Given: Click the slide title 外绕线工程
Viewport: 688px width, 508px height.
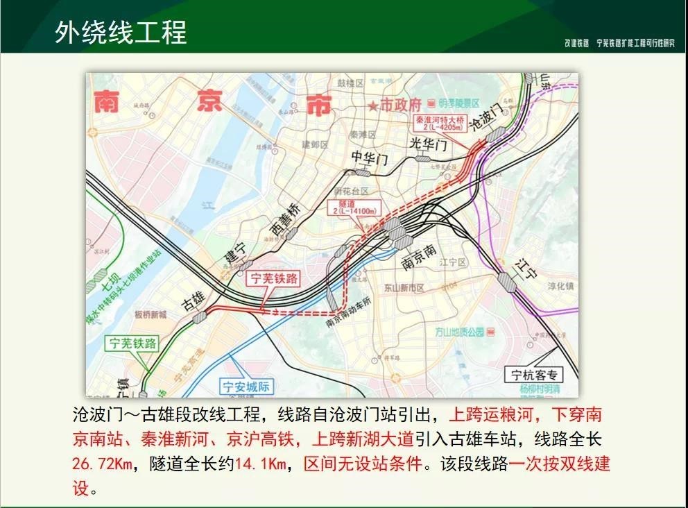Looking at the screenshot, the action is (x=121, y=32).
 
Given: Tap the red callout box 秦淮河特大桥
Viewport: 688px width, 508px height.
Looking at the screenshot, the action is (x=440, y=124).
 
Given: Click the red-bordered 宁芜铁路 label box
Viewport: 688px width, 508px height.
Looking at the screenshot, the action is (x=273, y=279).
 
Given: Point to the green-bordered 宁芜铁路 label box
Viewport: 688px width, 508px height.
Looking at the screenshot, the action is (x=132, y=343).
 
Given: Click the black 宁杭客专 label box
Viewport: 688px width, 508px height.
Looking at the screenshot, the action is (x=534, y=375).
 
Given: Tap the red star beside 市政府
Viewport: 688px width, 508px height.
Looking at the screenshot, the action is (x=374, y=105).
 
